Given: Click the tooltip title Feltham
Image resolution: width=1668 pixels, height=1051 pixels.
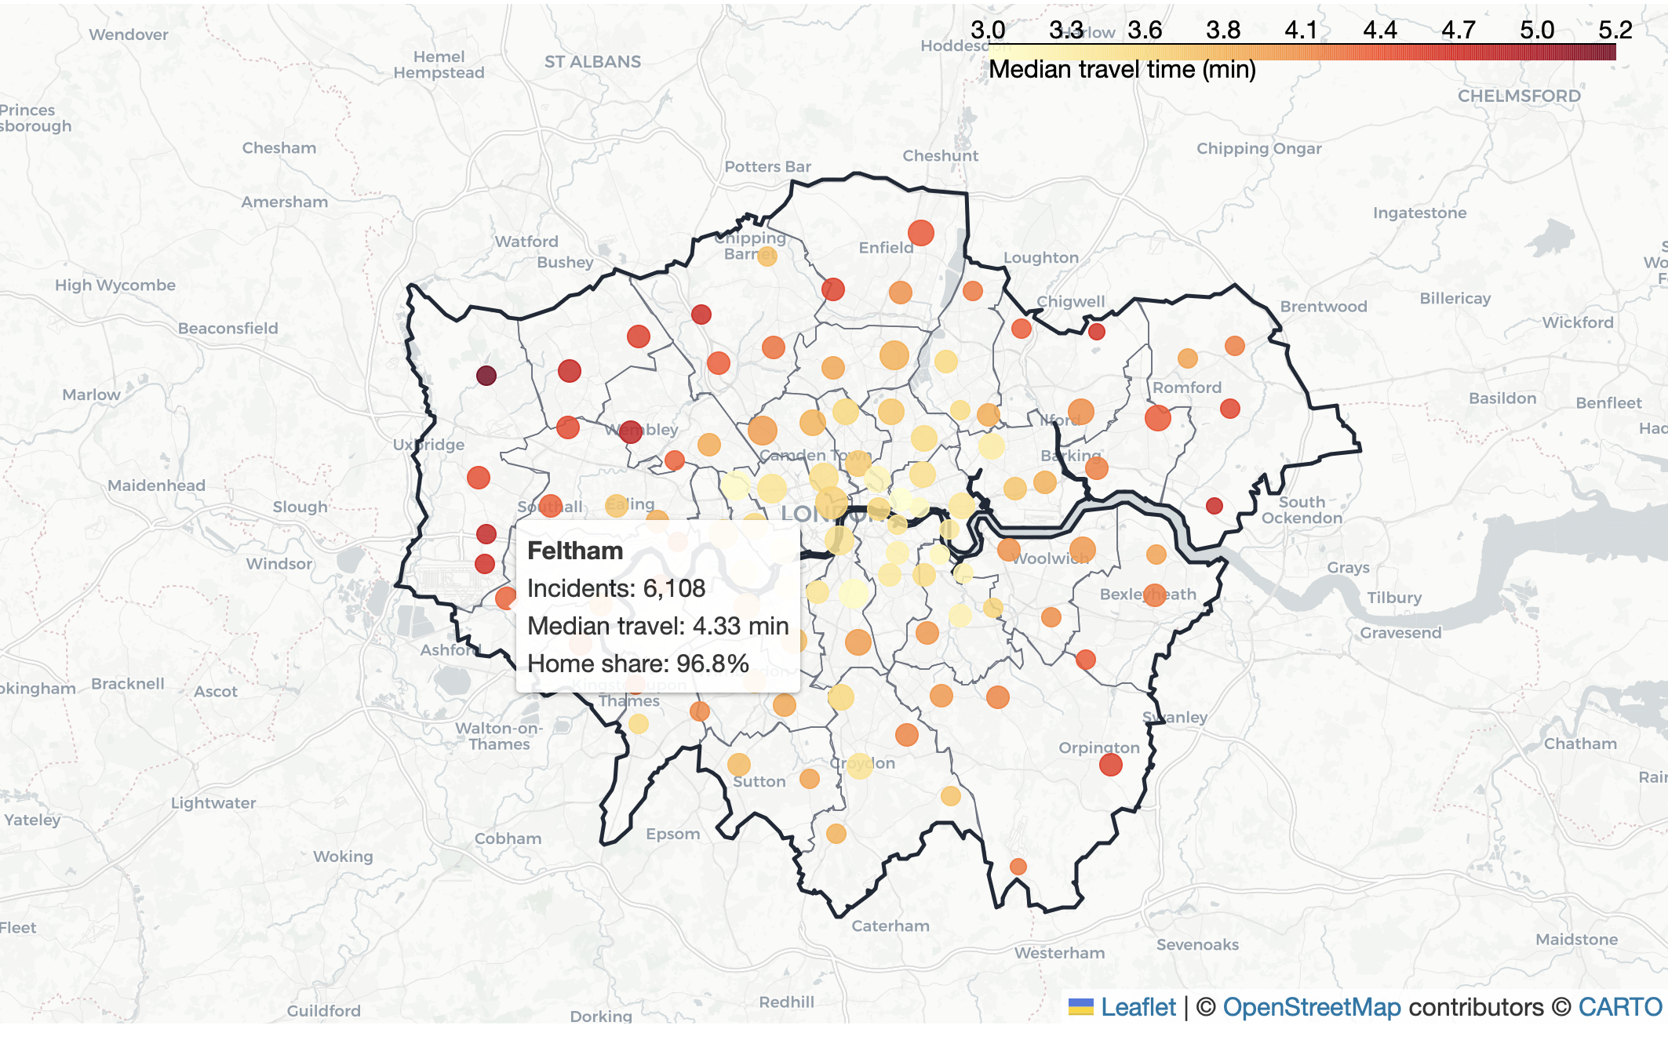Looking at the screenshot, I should [x=575, y=551].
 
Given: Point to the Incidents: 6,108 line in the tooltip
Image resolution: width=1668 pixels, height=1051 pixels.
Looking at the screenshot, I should [x=616, y=588].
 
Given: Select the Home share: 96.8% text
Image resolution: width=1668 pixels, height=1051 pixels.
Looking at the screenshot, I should [x=638, y=664].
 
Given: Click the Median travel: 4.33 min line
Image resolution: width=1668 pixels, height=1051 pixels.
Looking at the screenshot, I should [x=657, y=626].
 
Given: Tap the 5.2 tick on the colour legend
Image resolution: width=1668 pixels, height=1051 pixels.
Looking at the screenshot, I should [x=1615, y=30].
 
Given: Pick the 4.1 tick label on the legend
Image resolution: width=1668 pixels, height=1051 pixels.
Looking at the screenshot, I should [x=1301, y=30].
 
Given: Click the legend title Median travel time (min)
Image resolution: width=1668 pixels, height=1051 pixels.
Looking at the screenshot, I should [x=1122, y=69].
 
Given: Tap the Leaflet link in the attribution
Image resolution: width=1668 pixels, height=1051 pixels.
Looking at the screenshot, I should [x=1138, y=1007].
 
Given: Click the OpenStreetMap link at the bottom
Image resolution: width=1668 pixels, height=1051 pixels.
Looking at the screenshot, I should [x=1312, y=1007].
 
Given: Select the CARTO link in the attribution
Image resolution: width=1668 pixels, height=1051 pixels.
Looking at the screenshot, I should [x=1619, y=1007].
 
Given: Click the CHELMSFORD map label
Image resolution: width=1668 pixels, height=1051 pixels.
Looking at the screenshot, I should [x=1519, y=96].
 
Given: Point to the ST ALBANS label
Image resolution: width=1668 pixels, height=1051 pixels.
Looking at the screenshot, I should [x=592, y=61].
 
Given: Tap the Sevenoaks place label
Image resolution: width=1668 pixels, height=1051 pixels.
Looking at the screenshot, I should [x=1197, y=944].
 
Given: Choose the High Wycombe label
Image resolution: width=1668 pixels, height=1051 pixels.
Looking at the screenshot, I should [x=115, y=285].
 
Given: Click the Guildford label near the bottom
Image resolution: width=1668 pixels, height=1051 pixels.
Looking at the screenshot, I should [x=323, y=1010].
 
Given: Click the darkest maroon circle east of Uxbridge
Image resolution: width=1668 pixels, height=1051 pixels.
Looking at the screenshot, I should [x=486, y=376].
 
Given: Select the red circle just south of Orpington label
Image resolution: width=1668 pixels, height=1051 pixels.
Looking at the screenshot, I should [x=1110, y=765].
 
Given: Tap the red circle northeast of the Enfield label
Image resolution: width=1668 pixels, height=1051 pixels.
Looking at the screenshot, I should [x=921, y=233].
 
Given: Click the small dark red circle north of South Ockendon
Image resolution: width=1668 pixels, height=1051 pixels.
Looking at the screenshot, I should [x=1215, y=506].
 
